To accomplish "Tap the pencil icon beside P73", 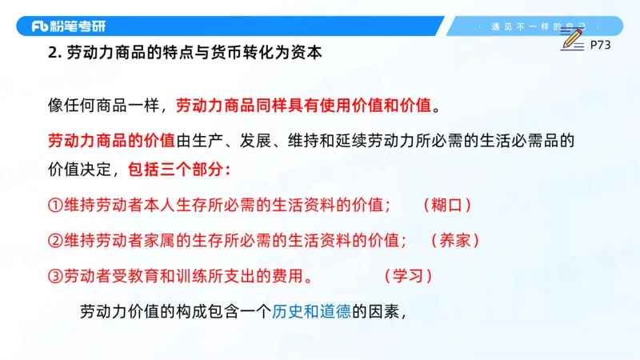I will (x=572, y=37).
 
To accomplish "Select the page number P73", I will (x=600, y=46).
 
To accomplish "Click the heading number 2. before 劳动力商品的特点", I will (x=54, y=55).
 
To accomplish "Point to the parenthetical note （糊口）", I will (x=447, y=205).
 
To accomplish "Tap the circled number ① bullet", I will (x=54, y=205).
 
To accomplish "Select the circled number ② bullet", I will (x=54, y=240).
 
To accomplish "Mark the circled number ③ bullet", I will (x=54, y=276).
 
